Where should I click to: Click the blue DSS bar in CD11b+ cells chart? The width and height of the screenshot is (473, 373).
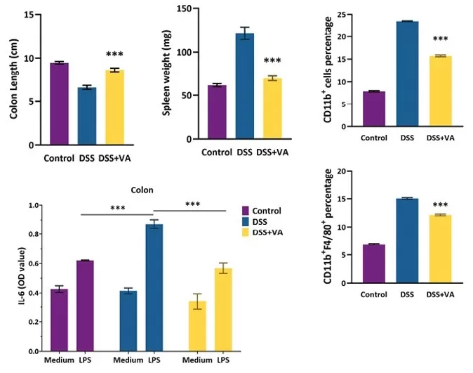407,74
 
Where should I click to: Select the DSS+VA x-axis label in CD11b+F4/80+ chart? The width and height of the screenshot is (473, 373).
441,295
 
